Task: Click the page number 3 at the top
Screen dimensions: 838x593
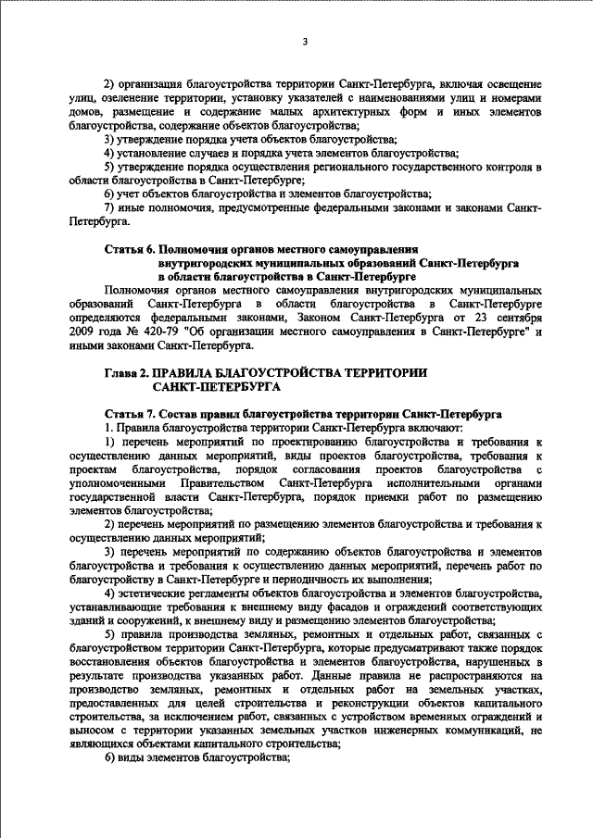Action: (304, 43)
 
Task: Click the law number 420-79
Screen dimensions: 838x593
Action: (158, 331)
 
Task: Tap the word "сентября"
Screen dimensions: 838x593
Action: (518, 318)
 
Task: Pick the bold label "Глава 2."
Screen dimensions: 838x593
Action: (129, 372)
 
